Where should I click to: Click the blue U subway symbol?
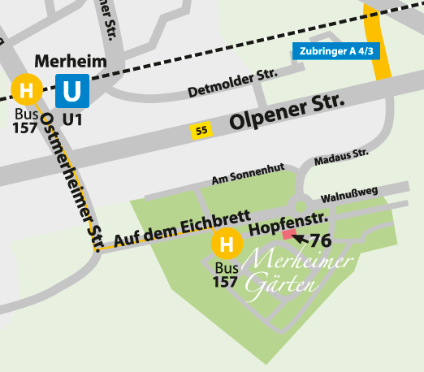(x=72, y=90)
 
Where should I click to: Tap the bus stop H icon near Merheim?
(x=27, y=89)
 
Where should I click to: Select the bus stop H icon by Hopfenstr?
(x=227, y=244)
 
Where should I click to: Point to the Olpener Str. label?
(x=287, y=113)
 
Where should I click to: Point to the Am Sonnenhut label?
(x=247, y=174)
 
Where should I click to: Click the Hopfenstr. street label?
(x=288, y=220)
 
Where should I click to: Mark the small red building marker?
(x=288, y=234)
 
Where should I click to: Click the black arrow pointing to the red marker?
(x=301, y=238)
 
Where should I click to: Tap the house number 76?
(x=321, y=240)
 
